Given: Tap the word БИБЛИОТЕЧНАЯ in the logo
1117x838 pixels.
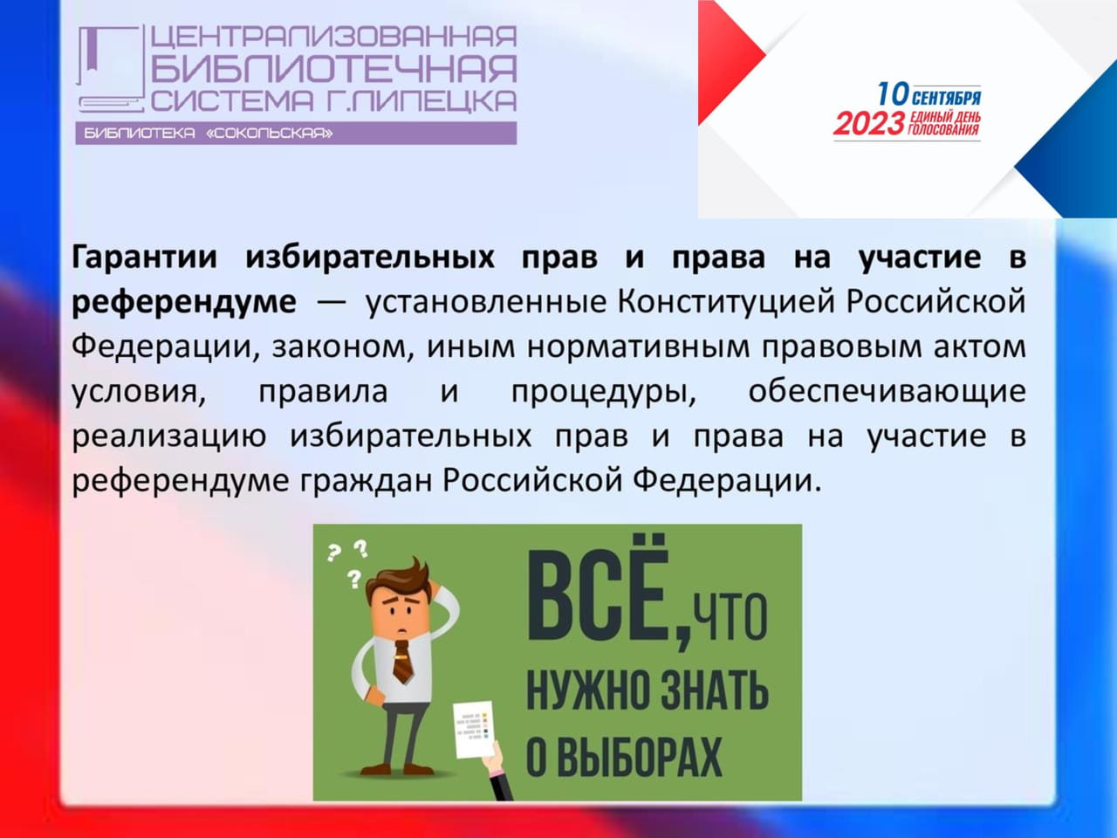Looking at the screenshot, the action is [x=334, y=69].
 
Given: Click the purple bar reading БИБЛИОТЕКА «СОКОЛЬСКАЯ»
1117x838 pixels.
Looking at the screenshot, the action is [x=296, y=134].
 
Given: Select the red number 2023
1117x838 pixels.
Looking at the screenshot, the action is [x=869, y=124].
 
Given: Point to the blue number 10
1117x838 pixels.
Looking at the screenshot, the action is [x=894, y=94].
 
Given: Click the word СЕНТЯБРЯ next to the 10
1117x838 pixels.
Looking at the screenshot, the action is [x=947, y=98].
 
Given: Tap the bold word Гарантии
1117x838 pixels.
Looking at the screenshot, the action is [x=144, y=257].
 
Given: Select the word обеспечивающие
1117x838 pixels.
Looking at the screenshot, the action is [x=887, y=392].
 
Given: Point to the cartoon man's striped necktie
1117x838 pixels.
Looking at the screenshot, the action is [x=402, y=662].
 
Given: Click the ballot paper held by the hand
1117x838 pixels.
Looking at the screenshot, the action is [x=473, y=729].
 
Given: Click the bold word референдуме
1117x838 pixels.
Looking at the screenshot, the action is [x=184, y=302].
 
